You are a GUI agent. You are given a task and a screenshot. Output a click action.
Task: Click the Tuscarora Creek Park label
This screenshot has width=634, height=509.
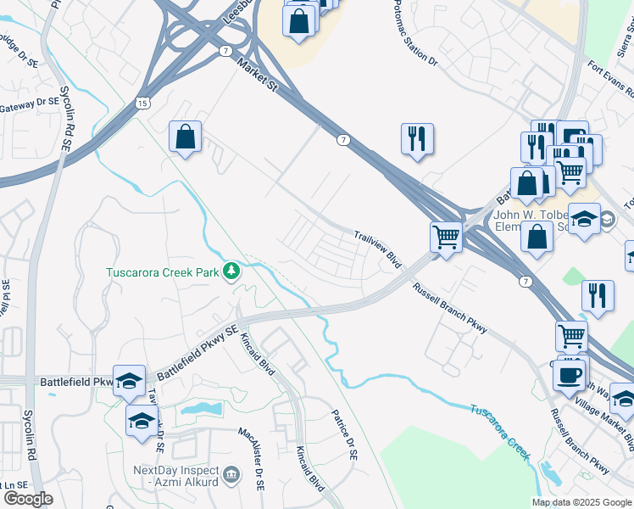click(162, 272)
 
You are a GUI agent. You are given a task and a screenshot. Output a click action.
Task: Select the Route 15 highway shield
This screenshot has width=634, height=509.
click(142, 103)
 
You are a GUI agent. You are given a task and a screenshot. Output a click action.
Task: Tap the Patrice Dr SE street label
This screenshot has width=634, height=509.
click(344, 433)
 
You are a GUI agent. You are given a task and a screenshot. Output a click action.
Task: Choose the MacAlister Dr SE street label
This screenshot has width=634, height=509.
click(250, 459)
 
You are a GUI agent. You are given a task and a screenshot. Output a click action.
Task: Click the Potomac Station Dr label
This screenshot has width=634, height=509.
click(415, 34)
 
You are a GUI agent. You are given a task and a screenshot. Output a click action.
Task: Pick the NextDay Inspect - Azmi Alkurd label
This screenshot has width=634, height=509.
click(176, 476)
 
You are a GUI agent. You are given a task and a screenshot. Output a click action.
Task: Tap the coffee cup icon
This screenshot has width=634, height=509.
click(569, 373)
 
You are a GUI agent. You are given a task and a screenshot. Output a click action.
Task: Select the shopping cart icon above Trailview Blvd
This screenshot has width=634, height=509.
click(446, 237)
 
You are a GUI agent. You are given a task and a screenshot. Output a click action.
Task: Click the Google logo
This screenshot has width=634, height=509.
click(27, 499)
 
